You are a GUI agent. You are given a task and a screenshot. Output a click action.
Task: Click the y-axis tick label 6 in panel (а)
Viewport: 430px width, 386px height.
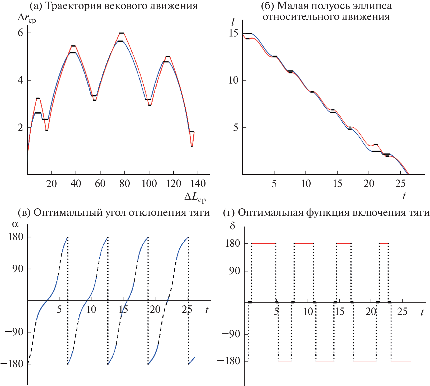click(x=20, y=33)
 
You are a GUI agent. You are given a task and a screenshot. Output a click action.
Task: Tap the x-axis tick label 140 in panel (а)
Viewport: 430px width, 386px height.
click(x=198, y=183)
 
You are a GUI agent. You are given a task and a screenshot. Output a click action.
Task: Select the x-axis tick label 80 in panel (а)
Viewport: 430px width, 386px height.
click(x=124, y=183)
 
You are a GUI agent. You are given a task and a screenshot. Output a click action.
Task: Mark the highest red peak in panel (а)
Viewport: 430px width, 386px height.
click(x=121, y=33)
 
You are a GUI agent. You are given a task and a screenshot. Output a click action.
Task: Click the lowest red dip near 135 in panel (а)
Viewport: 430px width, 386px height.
click(x=192, y=146)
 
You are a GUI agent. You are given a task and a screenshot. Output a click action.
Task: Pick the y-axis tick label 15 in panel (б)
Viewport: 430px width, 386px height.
click(x=233, y=33)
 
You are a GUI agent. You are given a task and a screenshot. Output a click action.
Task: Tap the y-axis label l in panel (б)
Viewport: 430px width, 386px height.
click(x=233, y=22)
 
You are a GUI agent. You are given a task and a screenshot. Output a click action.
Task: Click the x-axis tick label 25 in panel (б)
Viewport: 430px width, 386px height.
click(x=400, y=183)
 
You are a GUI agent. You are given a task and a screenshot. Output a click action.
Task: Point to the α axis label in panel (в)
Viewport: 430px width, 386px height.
click(x=15, y=224)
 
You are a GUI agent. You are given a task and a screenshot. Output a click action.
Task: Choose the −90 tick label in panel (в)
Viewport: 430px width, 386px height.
click(x=14, y=332)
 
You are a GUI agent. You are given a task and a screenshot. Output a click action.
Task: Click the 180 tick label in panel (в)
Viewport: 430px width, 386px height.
click(x=16, y=237)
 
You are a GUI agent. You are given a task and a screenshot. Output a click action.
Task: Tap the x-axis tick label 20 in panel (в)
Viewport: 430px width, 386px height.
click(x=155, y=309)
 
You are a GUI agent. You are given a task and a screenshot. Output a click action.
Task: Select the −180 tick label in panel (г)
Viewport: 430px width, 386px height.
click(x=229, y=361)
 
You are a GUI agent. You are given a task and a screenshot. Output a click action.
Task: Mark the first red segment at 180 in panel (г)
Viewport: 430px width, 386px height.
click(x=264, y=243)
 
